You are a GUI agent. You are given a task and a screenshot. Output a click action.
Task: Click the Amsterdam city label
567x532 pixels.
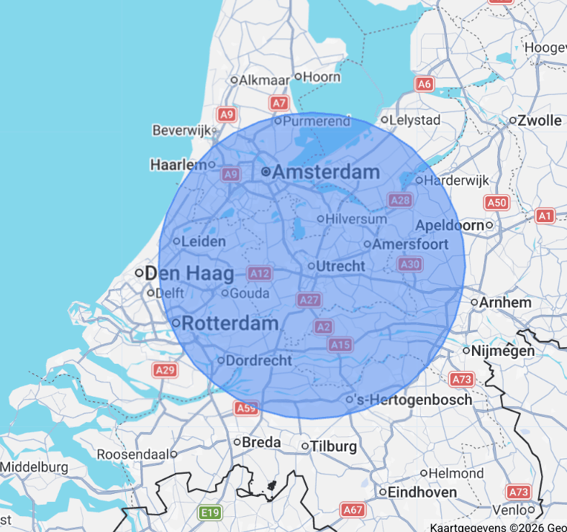tap(326, 173)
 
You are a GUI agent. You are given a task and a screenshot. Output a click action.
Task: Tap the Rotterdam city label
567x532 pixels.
tap(230, 324)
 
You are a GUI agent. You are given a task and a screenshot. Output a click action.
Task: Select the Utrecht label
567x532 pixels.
tap(340, 266)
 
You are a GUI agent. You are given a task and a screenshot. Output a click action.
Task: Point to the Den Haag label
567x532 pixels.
tap(189, 274)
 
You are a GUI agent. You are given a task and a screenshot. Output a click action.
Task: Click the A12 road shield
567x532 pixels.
tap(259, 273)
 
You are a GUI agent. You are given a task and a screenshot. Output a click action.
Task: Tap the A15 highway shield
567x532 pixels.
tap(340, 345)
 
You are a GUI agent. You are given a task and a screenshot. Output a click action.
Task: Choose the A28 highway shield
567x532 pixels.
tap(399, 200)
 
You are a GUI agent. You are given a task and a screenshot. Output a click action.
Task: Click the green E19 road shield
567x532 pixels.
tap(210, 513)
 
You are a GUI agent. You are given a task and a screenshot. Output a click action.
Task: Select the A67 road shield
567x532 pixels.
tap(353, 510)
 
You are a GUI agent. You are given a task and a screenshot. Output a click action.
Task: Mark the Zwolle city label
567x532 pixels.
tap(540, 120)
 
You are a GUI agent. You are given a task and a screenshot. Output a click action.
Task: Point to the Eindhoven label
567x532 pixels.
tap(422, 492)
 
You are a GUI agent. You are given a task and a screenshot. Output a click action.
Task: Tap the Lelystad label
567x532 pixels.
tap(415, 120)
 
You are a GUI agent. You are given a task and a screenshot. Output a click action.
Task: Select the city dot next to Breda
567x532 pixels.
tap(237, 442)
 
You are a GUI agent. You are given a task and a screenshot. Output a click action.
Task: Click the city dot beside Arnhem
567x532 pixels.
tap(474, 303)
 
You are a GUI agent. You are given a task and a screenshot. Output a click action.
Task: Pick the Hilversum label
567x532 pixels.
tap(356, 219)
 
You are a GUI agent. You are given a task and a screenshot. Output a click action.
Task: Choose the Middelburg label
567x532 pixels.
tap(35, 467)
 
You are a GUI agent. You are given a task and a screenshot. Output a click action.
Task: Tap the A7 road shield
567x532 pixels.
tap(279, 104)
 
